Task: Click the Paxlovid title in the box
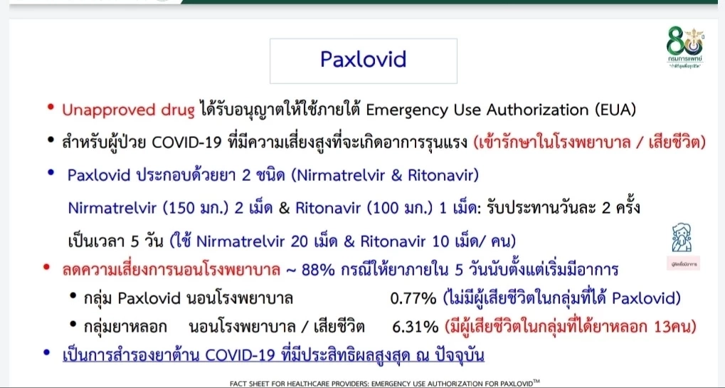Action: pos(363,58)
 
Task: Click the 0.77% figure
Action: pos(413,298)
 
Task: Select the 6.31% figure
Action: pos(415,327)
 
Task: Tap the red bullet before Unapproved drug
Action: pos(51,108)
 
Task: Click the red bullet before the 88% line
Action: pos(47,268)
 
